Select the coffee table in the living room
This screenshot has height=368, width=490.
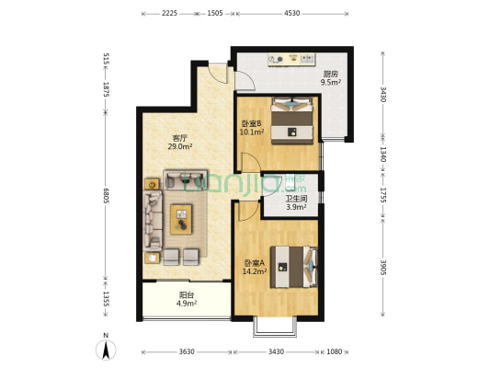point(182,219)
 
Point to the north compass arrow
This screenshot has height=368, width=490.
point(107,349)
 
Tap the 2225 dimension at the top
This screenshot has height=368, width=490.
point(169,14)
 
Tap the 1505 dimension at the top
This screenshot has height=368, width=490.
point(215,14)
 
